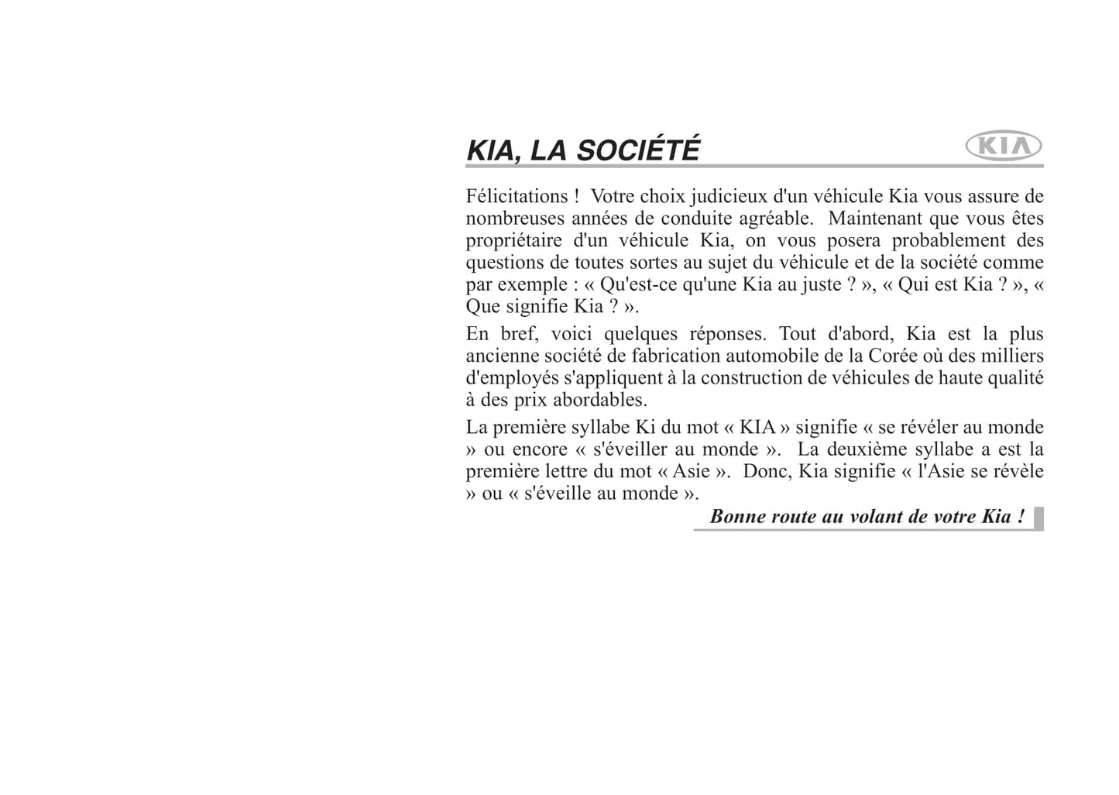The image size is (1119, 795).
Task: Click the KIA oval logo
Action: [x=1004, y=146]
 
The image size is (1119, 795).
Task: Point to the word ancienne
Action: [x=500, y=356]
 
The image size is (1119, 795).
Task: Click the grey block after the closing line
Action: [x=1038, y=518]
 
